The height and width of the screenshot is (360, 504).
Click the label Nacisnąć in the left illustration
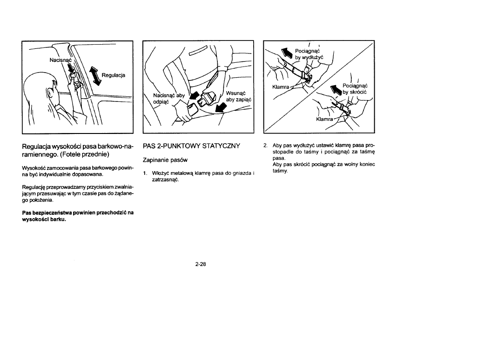(x=61, y=60)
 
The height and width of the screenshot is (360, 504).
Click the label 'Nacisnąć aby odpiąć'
(x=169, y=99)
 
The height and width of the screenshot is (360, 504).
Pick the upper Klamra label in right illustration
(x=282, y=87)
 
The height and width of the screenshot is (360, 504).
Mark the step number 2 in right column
(x=265, y=147)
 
